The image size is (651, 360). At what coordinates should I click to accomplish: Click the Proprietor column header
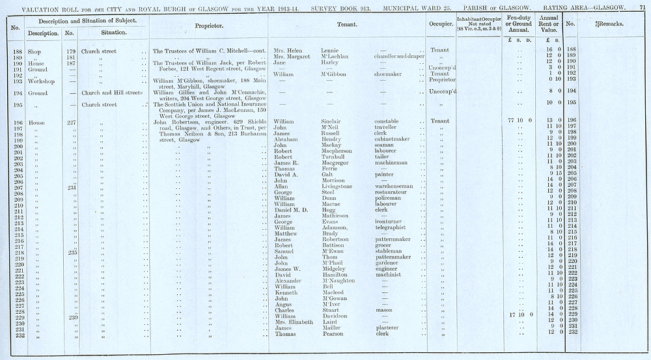209,25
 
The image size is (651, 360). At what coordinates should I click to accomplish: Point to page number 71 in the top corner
643,6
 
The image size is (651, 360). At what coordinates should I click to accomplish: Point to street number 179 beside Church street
72,50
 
